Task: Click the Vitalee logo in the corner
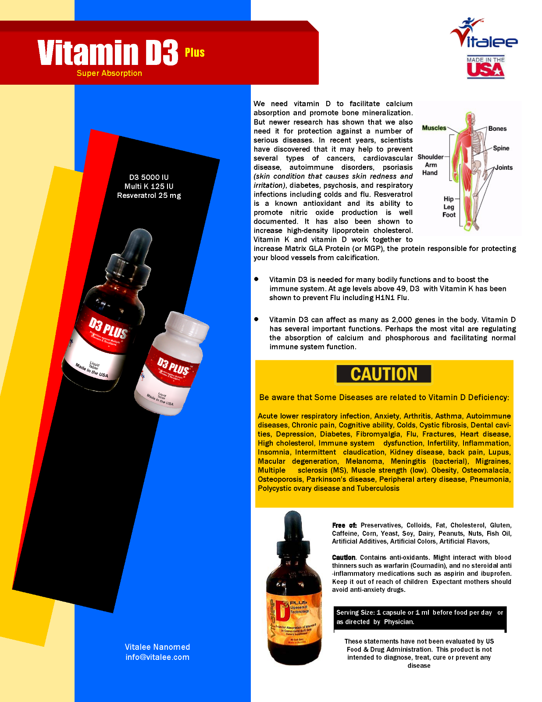(x=483, y=34)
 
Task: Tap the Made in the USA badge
(x=485, y=68)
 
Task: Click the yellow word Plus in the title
(x=195, y=53)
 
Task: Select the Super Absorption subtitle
(x=109, y=73)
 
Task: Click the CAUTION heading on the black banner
(x=384, y=374)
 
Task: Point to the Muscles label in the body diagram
(x=434, y=128)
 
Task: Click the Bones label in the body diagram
(x=497, y=129)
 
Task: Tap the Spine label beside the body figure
(x=501, y=148)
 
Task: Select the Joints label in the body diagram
(x=504, y=168)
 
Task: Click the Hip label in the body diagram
(x=449, y=199)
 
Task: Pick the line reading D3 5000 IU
(x=149, y=177)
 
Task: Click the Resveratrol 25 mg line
(x=149, y=196)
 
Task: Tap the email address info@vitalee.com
(x=157, y=657)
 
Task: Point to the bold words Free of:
(x=344, y=525)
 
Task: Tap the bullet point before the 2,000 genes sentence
(x=257, y=319)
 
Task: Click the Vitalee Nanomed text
(x=157, y=647)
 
